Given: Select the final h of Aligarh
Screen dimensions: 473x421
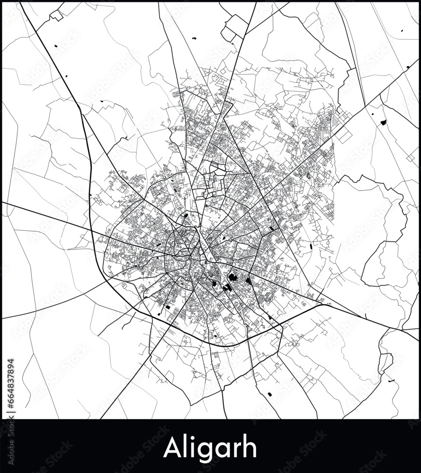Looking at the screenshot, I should [249, 447].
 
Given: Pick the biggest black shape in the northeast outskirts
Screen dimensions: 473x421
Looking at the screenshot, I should [383, 122].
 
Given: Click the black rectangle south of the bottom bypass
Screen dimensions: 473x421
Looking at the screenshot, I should [270, 394].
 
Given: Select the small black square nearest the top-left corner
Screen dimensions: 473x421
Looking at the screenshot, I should [56, 45].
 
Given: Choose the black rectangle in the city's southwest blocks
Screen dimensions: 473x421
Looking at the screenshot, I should [168, 307].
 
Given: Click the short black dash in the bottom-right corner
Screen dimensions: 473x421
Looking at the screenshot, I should [392, 381].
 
